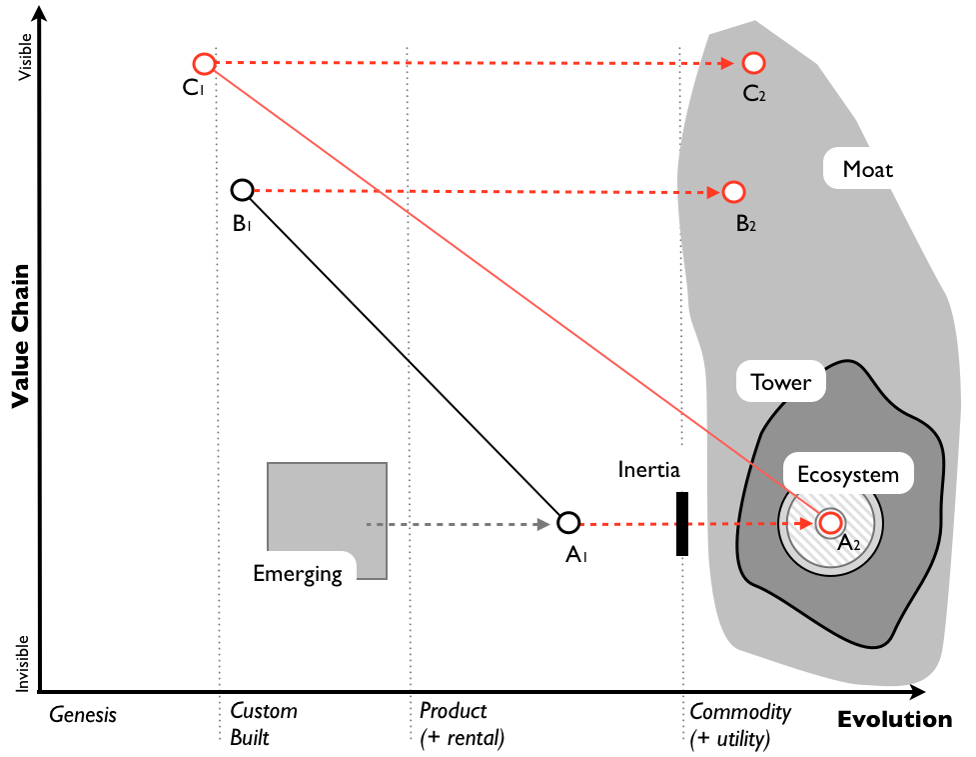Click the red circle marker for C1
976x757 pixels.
(x=204, y=64)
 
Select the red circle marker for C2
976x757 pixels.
(x=753, y=64)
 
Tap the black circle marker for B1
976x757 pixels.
(x=242, y=190)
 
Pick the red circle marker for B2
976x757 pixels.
(x=733, y=191)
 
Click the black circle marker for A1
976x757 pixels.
(x=568, y=522)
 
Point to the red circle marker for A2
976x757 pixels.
(x=829, y=522)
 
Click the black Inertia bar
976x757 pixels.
(x=682, y=523)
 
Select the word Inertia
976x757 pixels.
(x=650, y=469)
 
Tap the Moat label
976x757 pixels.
(x=867, y=169)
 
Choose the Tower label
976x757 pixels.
(x=780, y=382)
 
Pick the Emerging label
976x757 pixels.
(x=298, y=574)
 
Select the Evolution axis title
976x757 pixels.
(x=894, y=720)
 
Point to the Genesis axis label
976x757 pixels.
(x=83, y=715)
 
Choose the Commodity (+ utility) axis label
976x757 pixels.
(x=740, y=725)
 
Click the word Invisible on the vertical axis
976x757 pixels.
(x=25, y=661)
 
